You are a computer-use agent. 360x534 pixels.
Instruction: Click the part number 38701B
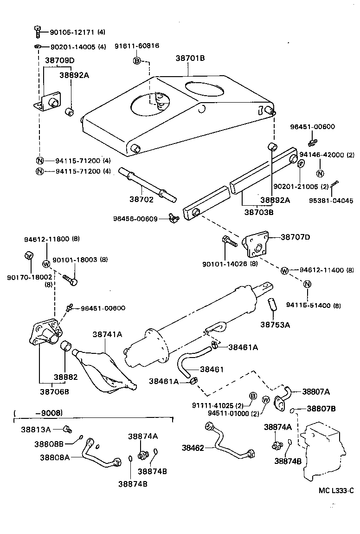point(190,58)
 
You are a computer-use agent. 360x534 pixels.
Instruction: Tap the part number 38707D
point(295,237)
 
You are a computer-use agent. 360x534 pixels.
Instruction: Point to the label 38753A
point(275,325)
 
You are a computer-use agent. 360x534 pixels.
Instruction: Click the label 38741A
point(107,334)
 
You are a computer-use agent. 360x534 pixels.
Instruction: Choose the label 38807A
point(316,392)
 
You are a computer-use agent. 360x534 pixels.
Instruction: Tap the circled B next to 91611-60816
point(137,61)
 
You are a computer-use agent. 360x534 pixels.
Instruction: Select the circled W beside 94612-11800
point(46,264)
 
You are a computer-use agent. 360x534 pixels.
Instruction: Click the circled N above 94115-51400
point(307,284)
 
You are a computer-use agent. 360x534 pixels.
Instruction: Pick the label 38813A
point(35,429)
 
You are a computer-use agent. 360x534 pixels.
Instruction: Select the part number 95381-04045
point(331,201)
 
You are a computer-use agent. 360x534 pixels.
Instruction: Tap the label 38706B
point(53,391)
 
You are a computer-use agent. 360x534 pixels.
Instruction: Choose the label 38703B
point(259,212)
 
